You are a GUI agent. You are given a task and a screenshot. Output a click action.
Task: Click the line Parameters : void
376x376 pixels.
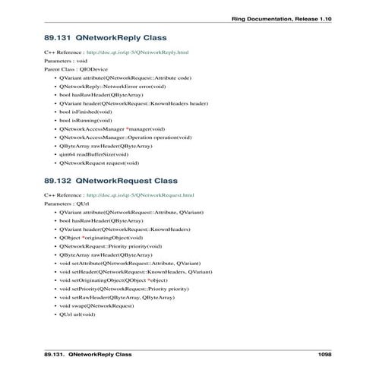[66, 61]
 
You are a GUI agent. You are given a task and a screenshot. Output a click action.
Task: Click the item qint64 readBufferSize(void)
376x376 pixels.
[93, 154]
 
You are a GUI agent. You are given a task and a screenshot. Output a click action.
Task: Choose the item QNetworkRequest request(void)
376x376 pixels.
[99, 163]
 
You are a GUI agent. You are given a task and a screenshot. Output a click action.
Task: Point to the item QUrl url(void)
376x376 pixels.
[77, 314]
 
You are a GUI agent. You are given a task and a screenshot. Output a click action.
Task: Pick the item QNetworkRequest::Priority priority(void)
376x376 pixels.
[110, 246]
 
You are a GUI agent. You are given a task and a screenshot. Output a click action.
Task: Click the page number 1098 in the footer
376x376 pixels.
[325, 354]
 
